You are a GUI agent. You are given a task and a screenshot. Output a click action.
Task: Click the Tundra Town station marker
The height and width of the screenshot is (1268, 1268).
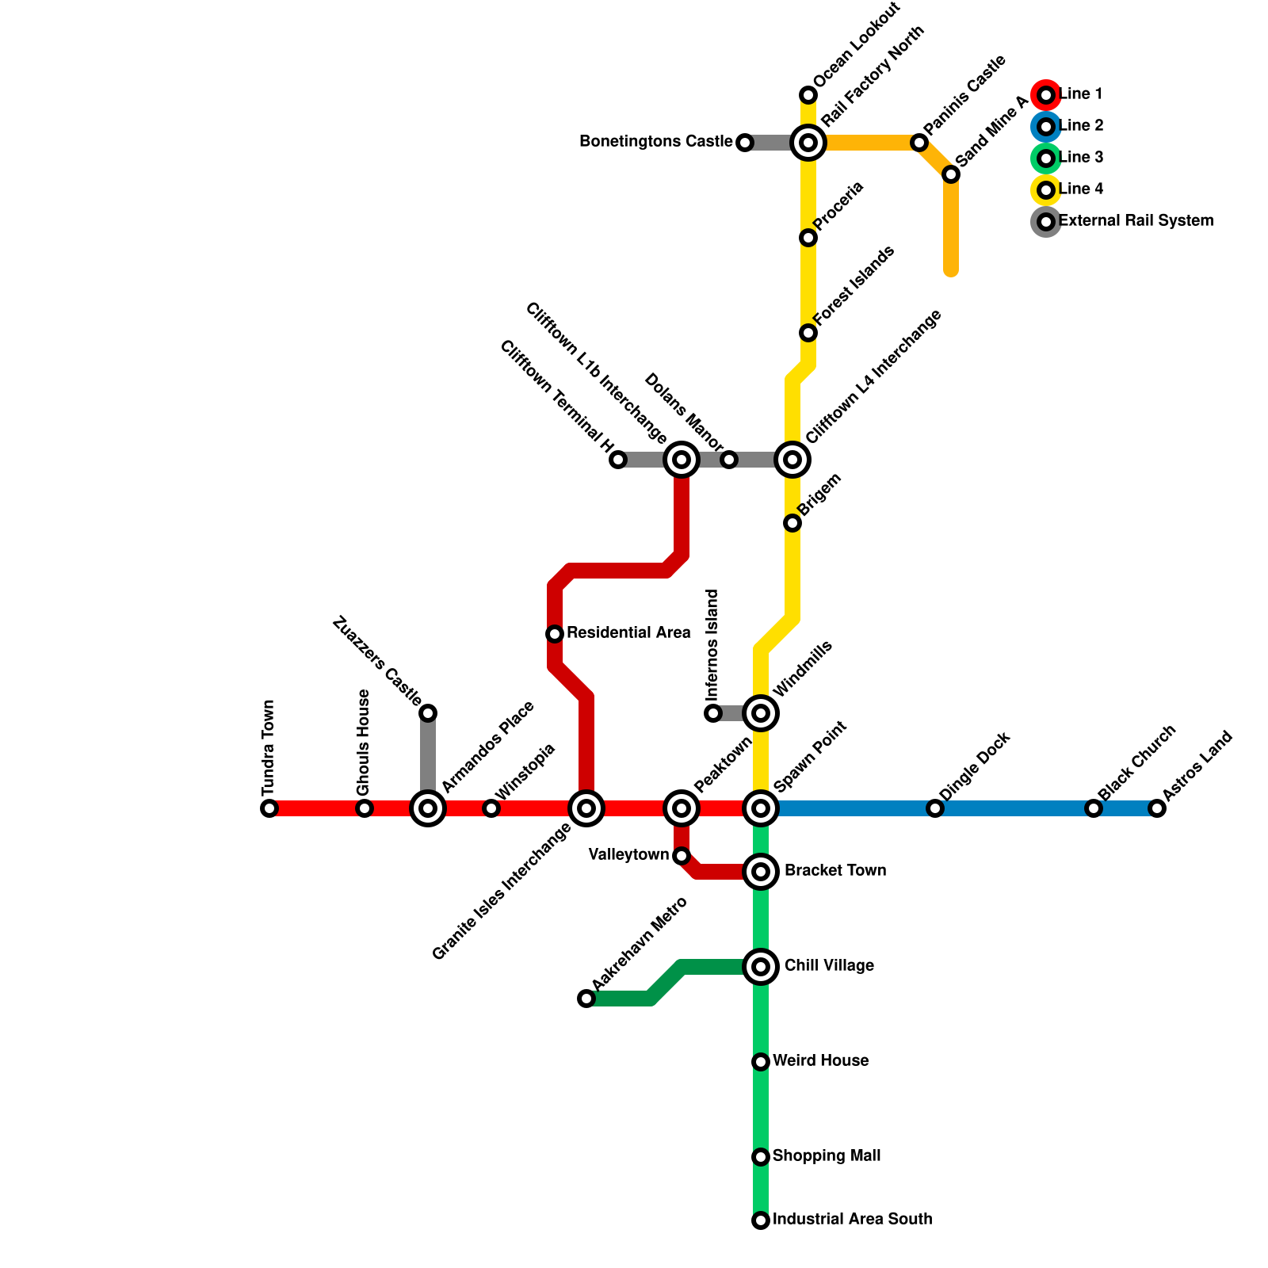point(269,808)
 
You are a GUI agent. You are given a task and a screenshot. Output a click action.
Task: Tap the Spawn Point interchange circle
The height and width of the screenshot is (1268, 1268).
point(761,808)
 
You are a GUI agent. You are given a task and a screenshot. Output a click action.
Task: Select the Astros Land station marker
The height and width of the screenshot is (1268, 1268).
point(1157,808)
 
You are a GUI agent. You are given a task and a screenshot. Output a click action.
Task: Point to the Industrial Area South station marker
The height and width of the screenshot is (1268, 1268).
point(761,1220)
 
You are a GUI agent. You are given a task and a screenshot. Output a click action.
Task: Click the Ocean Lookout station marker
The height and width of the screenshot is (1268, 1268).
point(808,95)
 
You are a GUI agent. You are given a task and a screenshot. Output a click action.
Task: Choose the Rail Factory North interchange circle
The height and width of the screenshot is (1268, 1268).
point(808,143)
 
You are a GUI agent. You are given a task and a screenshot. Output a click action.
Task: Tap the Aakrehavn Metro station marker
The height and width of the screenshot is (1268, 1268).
point(586,999)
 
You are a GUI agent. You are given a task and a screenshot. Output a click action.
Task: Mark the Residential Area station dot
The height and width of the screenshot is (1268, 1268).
point(555,634)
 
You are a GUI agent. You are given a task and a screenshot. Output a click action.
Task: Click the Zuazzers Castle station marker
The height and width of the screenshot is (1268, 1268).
point(428,713)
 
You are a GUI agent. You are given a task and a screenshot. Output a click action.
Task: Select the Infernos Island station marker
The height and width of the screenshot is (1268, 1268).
point(713,713)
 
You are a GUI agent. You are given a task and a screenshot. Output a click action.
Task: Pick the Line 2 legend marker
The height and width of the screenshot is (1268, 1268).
point(1046,127)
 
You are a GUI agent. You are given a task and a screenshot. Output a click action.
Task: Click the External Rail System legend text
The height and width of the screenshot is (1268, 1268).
point(1136,221)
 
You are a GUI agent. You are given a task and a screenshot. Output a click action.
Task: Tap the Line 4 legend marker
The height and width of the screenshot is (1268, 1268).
point(1046,190)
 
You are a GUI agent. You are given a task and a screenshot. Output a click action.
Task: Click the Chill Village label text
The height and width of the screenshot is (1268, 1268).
point(829,966)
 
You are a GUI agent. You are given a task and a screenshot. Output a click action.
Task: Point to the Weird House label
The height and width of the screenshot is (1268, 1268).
point(820,1061)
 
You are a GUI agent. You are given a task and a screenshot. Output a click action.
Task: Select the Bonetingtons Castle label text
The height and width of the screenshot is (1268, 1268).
point(655,142)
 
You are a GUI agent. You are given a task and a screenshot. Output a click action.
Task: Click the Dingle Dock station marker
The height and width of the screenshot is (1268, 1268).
point(935,808)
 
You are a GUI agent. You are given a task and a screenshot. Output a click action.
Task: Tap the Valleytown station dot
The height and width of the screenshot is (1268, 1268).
point(682,856)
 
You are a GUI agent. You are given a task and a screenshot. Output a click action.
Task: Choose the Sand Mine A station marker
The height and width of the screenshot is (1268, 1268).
point(951,174)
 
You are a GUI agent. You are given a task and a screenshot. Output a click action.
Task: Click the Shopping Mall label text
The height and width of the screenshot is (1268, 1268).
point(827,1156)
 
